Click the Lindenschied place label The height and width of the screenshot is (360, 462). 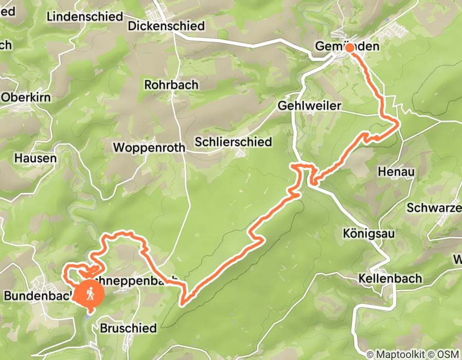click(x=85, y=16)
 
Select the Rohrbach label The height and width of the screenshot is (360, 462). click(x=171, y=84)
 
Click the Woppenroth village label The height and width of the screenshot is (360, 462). click(x=149, y=148)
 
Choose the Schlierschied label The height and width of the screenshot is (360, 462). click(x=234, y=142)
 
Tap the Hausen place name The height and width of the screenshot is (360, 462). click(x=35, y=158)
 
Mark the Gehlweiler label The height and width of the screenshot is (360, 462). click(x=309, y=105)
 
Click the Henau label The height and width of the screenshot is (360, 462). click(x=396, y=171)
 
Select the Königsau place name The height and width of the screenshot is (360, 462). click(x=368, y=234)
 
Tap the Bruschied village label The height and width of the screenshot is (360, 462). click(x=128, y=328)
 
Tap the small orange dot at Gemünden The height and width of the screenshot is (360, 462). click(x=349, y=48)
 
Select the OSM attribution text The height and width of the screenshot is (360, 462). click(x=448, y=354)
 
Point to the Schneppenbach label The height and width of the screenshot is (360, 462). click(x=136, y=279)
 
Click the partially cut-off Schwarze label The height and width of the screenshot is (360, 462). click(x=434, y=208)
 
